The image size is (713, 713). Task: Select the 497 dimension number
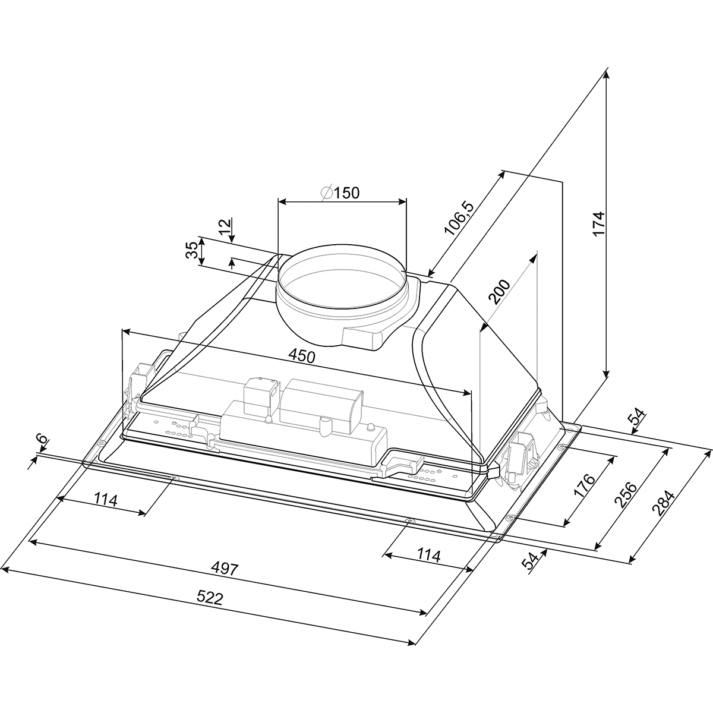click(226, 569)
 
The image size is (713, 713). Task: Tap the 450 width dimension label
click(302, 356)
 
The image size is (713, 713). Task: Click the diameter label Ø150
click(340, 193)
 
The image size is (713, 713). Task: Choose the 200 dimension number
click(499, 292)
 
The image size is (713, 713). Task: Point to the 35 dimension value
click(192, 251)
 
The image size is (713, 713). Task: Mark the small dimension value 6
click(43, 439)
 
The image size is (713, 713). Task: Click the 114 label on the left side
click(105, 500)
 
